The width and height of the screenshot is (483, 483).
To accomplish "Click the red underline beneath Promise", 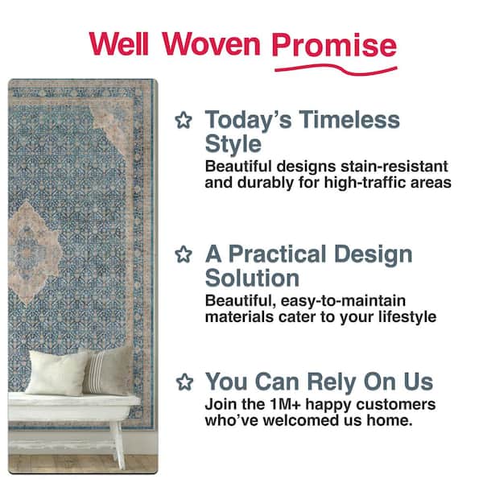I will (335, 67).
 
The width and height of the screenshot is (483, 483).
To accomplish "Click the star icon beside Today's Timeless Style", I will (184, 121).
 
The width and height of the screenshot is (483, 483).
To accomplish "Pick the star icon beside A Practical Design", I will (184, 255).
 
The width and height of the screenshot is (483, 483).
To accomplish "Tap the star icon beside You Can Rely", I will (184, 381).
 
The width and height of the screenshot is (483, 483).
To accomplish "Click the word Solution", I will (252, 279).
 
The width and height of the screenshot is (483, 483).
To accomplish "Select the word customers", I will (400, 403).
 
